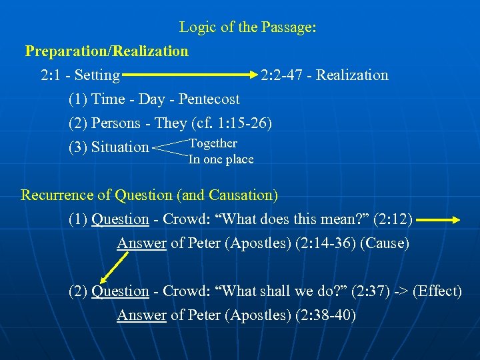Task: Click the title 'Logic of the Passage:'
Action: pyautogui.click(x=247, y=27)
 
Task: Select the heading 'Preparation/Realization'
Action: pyautogui.click(x=107, y=51)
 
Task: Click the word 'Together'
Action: pyautogui.click(x=213, y=143)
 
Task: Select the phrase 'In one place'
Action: pyautogui.click(x=221, y=159)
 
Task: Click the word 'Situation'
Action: pyautogui.click(x=120, y=147)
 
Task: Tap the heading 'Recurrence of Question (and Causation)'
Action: pyautogui.click(x=149, y=195)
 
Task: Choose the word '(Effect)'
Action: pyautogui.click(x=437, y=291)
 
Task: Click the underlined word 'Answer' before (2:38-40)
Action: pyautogui.click(x=141, y=315)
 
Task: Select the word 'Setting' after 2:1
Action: pyautogui.click(x=97, y=75)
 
